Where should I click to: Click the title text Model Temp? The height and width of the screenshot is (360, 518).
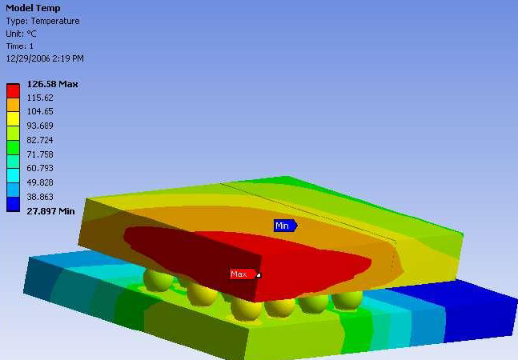[33, 8]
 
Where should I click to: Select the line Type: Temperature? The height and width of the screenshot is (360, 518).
[42, 21]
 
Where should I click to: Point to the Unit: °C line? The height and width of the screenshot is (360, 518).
[21, 34]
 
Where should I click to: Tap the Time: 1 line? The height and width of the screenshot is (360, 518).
[20, 46]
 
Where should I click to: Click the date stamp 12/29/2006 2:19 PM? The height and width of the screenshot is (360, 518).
[45, 58]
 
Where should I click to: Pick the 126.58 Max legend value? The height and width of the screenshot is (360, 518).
[52, 84]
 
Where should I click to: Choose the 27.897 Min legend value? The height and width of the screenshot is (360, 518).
[50, 211]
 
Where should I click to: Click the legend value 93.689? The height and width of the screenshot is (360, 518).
[40, 126]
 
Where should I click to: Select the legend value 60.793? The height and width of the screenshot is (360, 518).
[40, 168]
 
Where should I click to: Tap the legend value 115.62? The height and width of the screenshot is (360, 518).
[40, 98]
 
